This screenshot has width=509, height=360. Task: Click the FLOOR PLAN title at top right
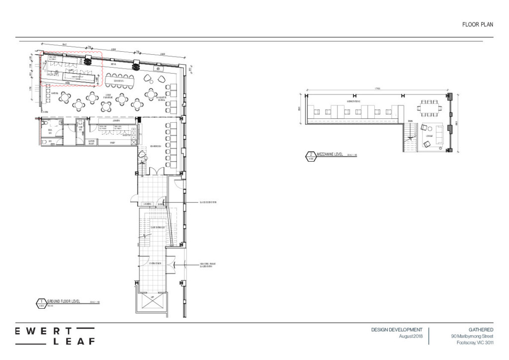point(477,24)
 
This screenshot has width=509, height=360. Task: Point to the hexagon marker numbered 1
point(40,302)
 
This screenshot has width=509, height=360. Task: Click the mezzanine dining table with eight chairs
point(428,106)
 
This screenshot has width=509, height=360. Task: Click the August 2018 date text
point(411,337)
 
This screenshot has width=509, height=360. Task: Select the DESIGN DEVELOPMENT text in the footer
point(397,330)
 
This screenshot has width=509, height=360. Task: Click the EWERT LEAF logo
point(55,336)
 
